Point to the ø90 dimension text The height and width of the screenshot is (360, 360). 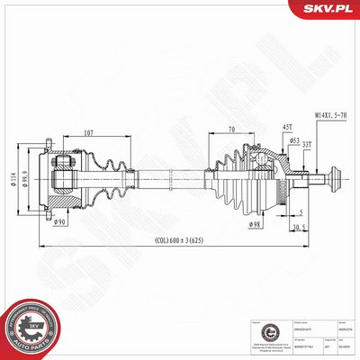point(60,221)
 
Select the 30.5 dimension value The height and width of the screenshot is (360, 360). point(304,227)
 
